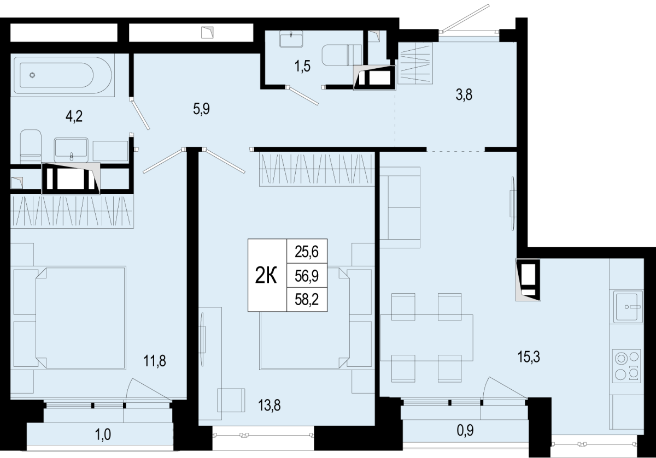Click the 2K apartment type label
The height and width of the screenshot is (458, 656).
pyautogui.click(x=266, y=276)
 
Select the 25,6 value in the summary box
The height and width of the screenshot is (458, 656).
pyautogui.click(x=307, y=252)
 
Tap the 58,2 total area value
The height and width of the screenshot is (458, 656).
pyautogui.click(x=307, y=300)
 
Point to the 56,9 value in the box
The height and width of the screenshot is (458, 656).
pyautogui.click(x=307, y=276)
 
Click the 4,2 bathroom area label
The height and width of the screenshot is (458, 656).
pyautogui.click(x=74, y=116)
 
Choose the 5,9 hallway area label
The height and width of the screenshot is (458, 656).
pyautogui.click(x=202, y=109)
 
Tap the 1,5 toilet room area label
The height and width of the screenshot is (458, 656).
pyautogui.click(x=302, y=67)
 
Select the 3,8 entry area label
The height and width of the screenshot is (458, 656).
pyautogui.click(x=464, y=95)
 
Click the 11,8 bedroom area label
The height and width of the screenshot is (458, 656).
pyautogui.click(x=155, y=361)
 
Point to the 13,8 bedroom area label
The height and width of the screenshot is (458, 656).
pyautogui.click(x=269, y=406)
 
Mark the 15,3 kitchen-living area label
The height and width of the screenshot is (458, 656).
pyautogui.click(x=529, y=357)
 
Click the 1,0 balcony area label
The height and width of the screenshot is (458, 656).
pyautogui.click(x=103, y=435)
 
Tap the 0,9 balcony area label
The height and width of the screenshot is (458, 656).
pyautogui.click(x=465, y=431)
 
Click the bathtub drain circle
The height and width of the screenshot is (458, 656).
pyautogui.click(x=32, y=75)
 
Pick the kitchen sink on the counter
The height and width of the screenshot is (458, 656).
pyautogui.click(x=626, y=306)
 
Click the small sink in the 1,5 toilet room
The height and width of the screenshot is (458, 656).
pyautogui.click(x=291, y=39)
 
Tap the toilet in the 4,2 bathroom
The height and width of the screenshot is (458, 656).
pyautogui.click(x=31, y=146)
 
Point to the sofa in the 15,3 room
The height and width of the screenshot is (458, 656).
pyautogui.click(x=400, y=207)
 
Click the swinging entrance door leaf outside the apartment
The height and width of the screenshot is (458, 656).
pyautogui.click(x=466, y=17)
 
